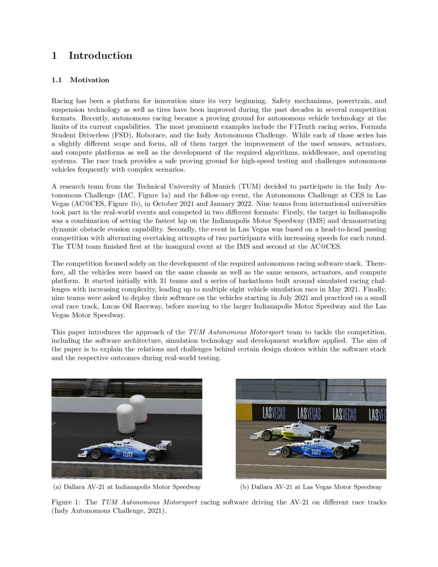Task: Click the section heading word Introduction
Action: click(x=100, y=56)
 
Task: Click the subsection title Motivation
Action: click(x=90, y=80)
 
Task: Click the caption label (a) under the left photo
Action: click(x=58, y=487)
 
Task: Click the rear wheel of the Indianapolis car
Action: click(x=151, y=456)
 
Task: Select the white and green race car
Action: click(x=293, y=431)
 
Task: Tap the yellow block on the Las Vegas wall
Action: click(x=244, y=412)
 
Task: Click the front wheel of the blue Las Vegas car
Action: click(x=286, y=452)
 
